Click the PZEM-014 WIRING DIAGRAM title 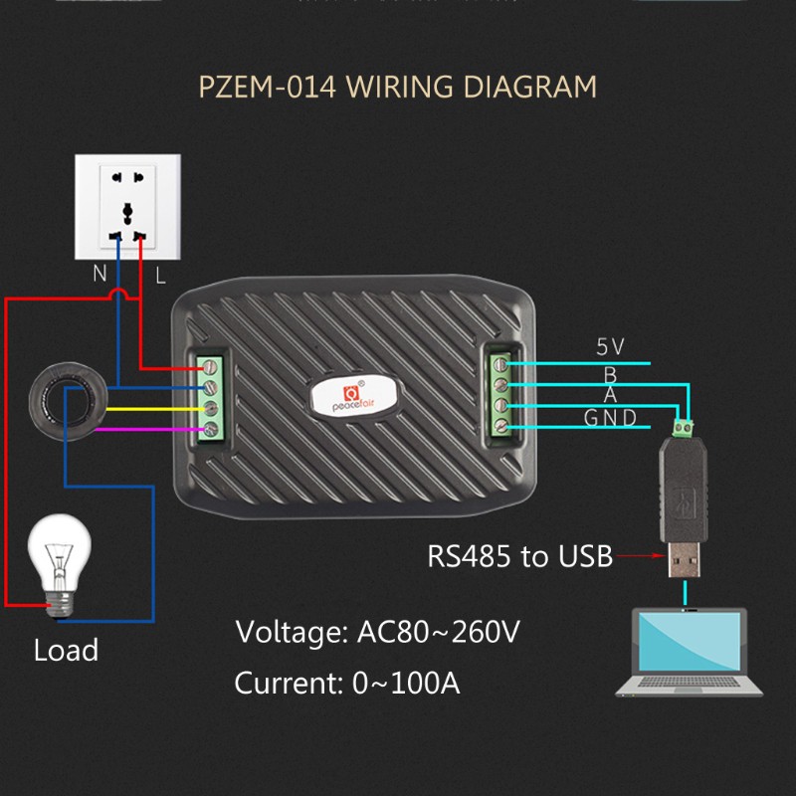[398, 87]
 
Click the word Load [66, 651]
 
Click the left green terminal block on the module [211, 396]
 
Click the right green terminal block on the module [501, 396]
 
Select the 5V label [610, 347]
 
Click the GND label [610, 418]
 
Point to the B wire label [610, 373]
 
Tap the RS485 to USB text [519, 556]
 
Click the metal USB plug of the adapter [684, 562]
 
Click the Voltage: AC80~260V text [379, 632]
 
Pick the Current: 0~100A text [347, 684]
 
